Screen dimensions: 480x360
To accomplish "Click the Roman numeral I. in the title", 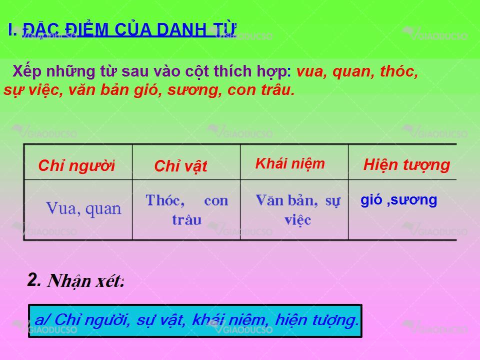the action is coord(12,29).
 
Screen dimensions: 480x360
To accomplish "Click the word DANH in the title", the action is coord(181,29).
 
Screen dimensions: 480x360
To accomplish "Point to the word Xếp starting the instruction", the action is coord(27,72).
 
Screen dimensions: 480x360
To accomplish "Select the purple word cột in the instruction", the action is coord(197,71).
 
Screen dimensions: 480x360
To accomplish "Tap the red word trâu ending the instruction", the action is coord(278,89).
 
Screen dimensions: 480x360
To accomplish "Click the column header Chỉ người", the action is coord(76,165).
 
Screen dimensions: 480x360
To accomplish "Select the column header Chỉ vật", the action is coord(180,166).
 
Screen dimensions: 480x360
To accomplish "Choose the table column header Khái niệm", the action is coord(290,163).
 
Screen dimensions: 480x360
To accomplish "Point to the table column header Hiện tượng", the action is coord(406,165).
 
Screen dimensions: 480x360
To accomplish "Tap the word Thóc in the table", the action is coord(165,200).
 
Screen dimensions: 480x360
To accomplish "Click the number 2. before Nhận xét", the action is coord(34,280).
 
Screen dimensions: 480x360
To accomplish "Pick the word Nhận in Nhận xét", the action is coord(69,280).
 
